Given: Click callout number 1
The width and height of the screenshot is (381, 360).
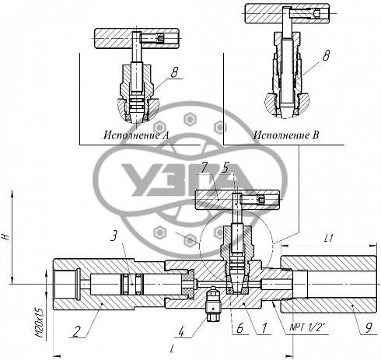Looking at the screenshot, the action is point(264,328).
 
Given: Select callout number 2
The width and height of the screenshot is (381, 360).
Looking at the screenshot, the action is point(76,332).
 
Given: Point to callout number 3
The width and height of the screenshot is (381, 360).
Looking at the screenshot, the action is point(114,236).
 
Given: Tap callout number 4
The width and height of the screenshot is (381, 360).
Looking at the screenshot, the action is point(181,332).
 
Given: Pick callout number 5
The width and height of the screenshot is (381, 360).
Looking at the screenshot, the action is point(225,169).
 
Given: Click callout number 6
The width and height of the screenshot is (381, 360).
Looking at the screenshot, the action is point(239,328).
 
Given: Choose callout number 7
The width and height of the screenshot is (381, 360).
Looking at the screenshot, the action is point(204,169).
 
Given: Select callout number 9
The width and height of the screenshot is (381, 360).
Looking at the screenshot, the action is point(368,327).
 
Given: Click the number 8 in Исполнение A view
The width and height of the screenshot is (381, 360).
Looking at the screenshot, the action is point(174,72).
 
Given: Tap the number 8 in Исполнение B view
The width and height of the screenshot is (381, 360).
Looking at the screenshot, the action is point(326,55).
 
